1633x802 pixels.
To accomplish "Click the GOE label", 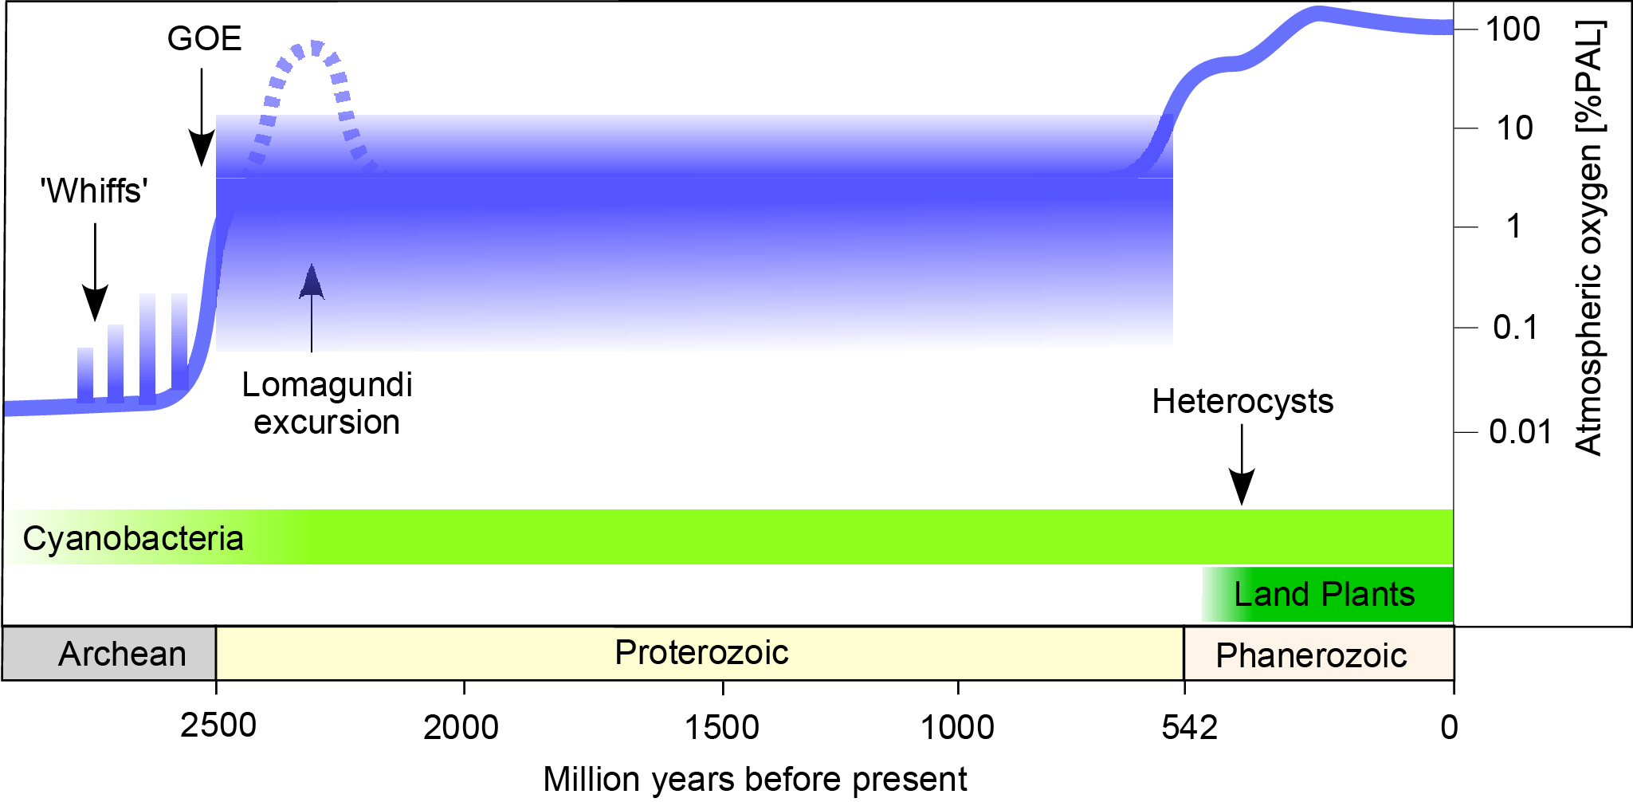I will click(204, 39).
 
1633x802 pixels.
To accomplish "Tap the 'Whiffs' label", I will click(95, 191).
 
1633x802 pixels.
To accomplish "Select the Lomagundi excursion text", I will click(327, 403).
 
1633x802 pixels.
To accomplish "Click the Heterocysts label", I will click(1242, 402).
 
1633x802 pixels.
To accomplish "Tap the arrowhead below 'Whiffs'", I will click(95, 305).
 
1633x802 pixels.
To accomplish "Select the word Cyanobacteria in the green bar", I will click(133, 539).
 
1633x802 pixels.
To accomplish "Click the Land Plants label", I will click(1324, 595).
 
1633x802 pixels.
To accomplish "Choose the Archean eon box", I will click(110, 654).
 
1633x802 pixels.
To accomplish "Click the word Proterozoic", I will click(701, 653).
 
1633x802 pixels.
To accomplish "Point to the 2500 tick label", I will click(218, 726).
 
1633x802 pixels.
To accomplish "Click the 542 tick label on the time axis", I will click(1189, 728).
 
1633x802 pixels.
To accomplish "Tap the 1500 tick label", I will click(722, 728).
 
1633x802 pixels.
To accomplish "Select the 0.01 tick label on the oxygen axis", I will click(1521, 432).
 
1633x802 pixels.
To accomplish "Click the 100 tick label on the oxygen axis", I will click(1513, 29).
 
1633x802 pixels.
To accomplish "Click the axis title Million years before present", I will click(755, 779).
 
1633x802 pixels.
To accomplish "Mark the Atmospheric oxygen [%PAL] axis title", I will click(1589, 238).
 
